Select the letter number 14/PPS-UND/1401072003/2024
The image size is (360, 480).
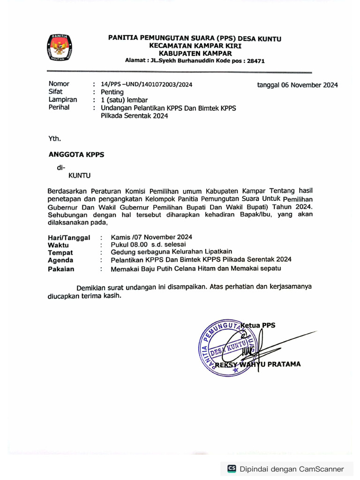point(146,84)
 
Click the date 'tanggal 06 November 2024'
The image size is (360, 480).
point(297,85)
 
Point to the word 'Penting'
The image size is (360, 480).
point(112,92)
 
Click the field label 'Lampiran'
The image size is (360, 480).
point(63,100)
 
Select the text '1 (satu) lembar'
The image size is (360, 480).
point(124,100)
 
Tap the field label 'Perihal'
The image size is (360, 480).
point(59,107)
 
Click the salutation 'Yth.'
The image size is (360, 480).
point(54,138)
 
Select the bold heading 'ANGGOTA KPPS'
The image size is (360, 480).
point(76,155)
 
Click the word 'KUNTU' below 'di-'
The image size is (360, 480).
point(80,176)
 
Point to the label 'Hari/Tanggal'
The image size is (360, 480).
point(69,238)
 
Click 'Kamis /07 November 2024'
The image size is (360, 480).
point(151,237)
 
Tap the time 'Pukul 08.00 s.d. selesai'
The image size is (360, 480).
point(148,244)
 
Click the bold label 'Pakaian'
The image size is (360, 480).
point(61,269)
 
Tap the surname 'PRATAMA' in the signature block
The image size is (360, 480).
point(284,364)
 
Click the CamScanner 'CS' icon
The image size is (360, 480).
point(232,469)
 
